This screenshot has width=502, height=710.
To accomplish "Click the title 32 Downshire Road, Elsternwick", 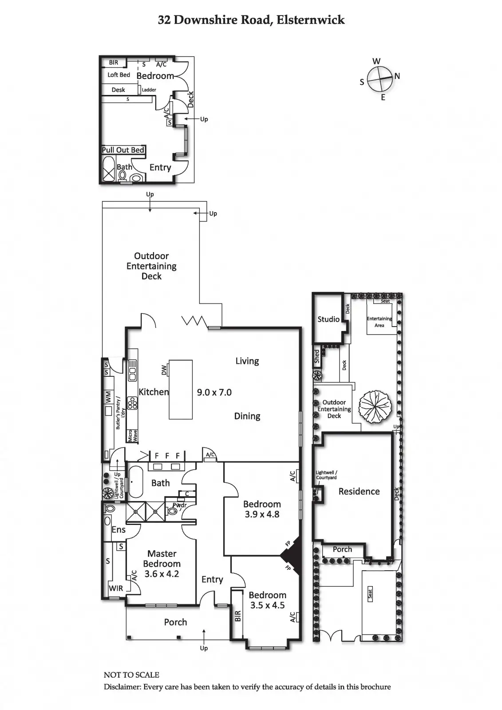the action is (x=251, y=20).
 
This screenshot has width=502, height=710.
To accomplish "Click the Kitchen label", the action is (x=154, y=392).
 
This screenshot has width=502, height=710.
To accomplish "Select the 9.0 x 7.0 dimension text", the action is (x=214, y=392).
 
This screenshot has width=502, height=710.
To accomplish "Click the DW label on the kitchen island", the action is (x=164, y=370).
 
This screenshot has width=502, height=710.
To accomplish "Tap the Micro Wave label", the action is (x=133, y=436).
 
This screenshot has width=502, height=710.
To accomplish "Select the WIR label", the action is (x=116, y=588).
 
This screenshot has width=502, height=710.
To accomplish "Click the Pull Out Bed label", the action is (x=123, y=150).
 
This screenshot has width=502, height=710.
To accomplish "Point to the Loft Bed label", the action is (x=119, y=75).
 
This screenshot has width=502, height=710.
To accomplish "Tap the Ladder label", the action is (x=149, y=90).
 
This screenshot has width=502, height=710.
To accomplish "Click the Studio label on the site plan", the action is (x=328, y=319).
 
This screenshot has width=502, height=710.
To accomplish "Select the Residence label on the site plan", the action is (x=359, y=491).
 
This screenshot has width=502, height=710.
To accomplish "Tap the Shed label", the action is (x=317, y=356).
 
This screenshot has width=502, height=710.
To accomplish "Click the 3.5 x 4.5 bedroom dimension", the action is (x=267, y=605).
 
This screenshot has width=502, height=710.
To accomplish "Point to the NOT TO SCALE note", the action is (x=131, y=675).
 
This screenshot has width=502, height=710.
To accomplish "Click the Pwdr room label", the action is (x=179, y=505).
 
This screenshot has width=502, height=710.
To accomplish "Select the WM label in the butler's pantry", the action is (x=108, y=397).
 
